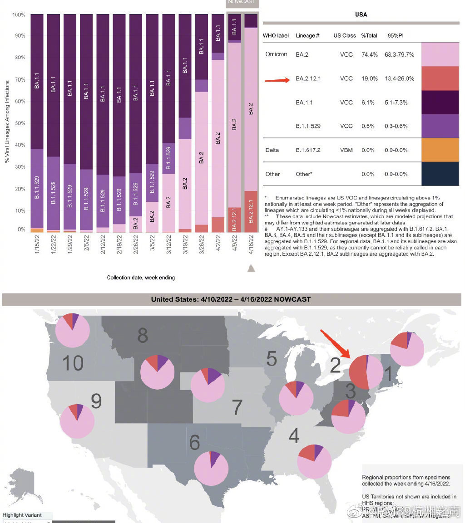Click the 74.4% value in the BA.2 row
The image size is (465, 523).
coord(369,54)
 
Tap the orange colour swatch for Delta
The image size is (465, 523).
coord(440,150)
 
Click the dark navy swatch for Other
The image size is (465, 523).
coord(440,174)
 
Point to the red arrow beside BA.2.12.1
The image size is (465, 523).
coord(277,80)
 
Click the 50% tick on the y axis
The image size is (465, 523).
coord(19,123)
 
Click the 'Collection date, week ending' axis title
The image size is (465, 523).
coord(141,278)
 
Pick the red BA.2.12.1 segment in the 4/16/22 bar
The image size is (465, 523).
coord(251,211)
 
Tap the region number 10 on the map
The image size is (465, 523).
coord(73,363)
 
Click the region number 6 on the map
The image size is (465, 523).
coord(194,442)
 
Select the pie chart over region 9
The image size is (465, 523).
coord(77,420)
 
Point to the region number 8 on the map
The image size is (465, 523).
coord(143,336)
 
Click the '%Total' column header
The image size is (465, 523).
coord(369,35)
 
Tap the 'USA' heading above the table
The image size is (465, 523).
coord(361,15)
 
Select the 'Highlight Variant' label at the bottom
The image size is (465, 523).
coord(22,515)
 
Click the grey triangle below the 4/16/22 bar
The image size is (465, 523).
coord(251,269)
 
